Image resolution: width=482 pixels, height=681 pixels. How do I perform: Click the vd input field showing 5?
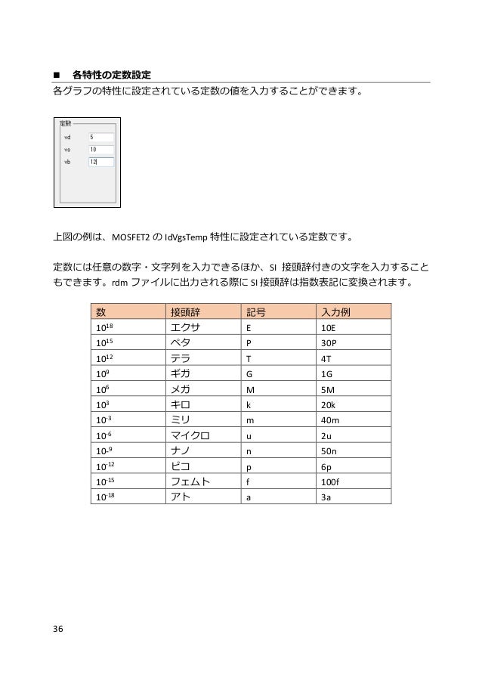click(100, 138)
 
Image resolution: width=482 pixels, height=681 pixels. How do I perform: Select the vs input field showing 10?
click(100, 150)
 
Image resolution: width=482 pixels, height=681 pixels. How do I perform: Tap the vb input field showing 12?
click(100, 162)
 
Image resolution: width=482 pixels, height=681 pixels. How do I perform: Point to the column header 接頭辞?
click(186, 311)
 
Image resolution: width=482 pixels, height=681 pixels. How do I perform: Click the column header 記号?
click(258, 311)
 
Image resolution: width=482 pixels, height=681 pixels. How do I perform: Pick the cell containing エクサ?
click(187, 328)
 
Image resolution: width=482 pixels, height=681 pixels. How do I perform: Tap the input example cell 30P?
click(330, 344)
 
